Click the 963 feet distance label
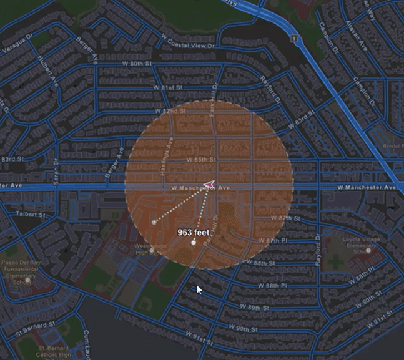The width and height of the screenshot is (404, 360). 193,232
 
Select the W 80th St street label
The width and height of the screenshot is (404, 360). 138,64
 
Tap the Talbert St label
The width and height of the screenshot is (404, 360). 31,214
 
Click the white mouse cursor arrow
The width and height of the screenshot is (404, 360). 199,290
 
